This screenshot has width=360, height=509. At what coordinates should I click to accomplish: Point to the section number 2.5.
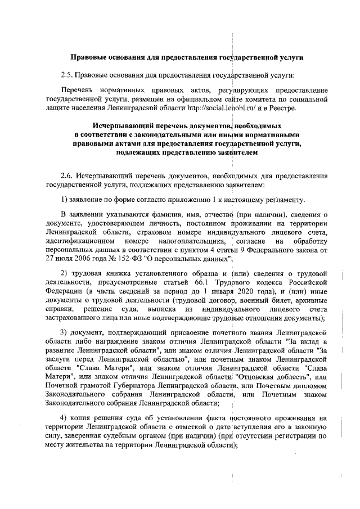coord(67,75)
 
